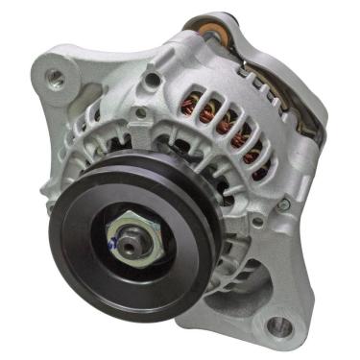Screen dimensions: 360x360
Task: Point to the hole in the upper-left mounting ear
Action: pyautogui.click(x=56, y=76)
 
